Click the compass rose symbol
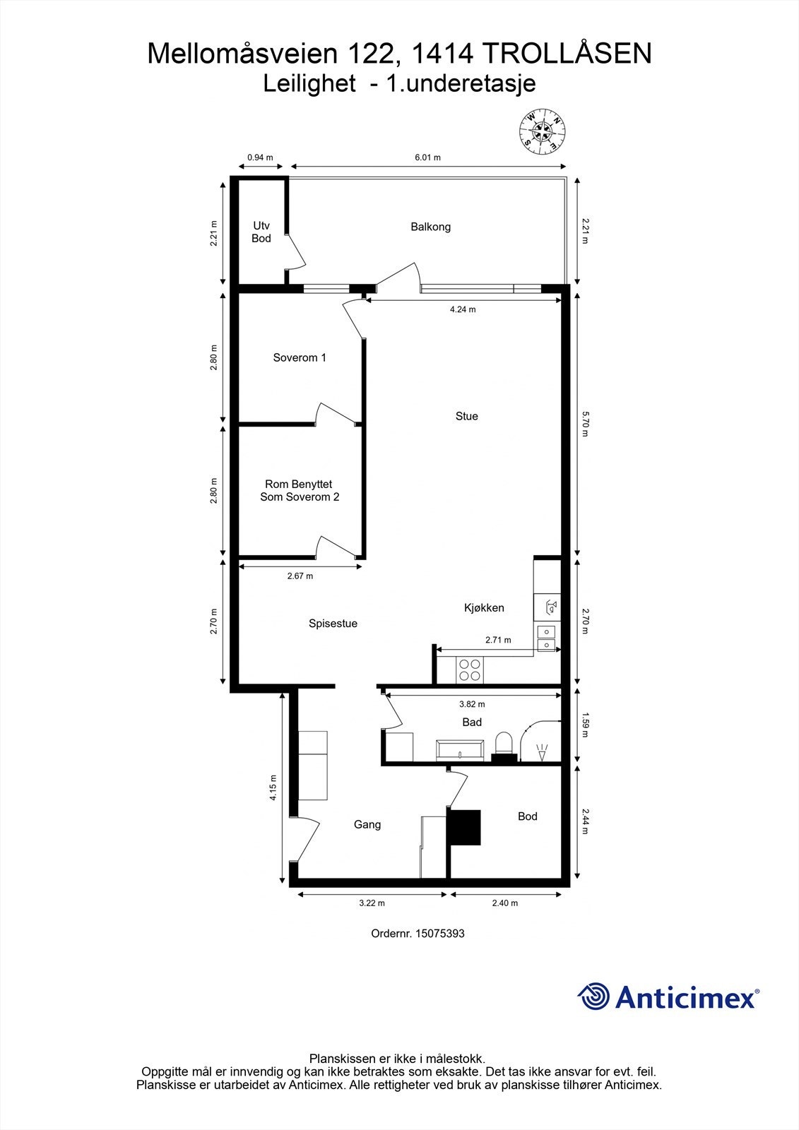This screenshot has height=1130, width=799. [543, 131]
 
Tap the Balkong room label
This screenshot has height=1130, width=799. [430, 227]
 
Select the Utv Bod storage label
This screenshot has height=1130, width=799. [261, 232]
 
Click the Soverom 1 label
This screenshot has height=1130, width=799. [300, 357]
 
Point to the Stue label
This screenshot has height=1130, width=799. [466, 416]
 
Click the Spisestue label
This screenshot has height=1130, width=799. [333, 624]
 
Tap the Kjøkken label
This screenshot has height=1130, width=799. [484, 607]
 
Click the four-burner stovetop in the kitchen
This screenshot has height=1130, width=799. [470, 670]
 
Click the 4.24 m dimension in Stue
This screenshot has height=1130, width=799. [463, 309]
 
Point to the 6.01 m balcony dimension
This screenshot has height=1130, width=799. [427, 157]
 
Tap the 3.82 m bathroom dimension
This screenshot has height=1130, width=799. [472, 704]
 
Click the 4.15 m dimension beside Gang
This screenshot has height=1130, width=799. [273, 787]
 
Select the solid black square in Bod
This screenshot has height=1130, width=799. [465, 827]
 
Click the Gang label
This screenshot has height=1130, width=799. [367, 824]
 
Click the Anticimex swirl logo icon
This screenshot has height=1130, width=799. [593, 997]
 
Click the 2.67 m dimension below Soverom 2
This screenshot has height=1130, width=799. [300, 576]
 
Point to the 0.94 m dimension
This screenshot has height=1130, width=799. [259, 157]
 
